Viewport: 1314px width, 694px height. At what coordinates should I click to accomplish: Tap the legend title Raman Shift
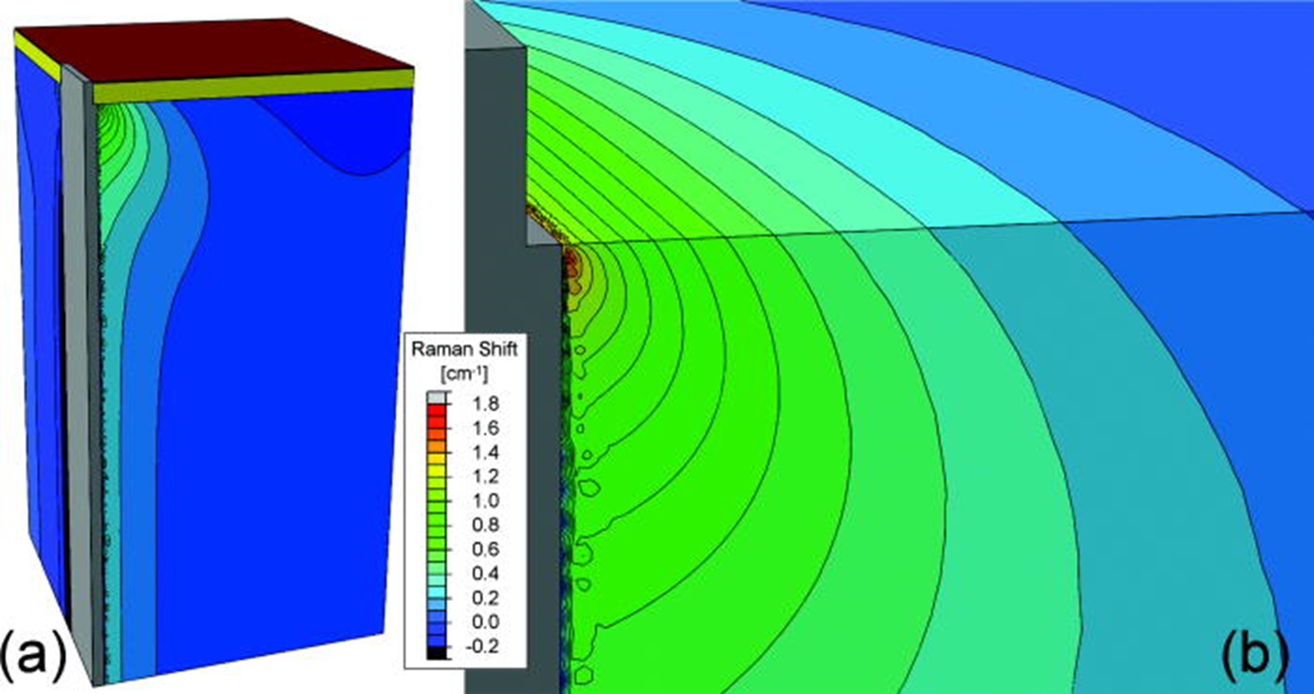coord(464,349)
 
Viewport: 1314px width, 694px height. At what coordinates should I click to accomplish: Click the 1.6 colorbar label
coord(485,428)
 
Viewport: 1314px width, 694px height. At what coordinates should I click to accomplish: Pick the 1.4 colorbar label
coord(485,452)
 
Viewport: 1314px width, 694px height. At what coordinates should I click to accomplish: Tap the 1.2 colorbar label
coord(485,476)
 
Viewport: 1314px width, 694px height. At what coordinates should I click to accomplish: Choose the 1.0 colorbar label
coord(485,501)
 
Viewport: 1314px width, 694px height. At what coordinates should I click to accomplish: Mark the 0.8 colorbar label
coord(485,525)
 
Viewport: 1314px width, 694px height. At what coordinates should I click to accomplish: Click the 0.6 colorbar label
coord(485,549)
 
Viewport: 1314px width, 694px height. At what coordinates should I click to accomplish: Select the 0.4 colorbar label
coord(485,573)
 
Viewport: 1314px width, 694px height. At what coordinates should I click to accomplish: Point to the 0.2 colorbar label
coord(485,598)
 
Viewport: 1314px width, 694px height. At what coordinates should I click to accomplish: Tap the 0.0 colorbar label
coord(485,622)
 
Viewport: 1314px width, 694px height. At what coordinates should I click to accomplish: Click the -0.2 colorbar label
coord(482,646)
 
